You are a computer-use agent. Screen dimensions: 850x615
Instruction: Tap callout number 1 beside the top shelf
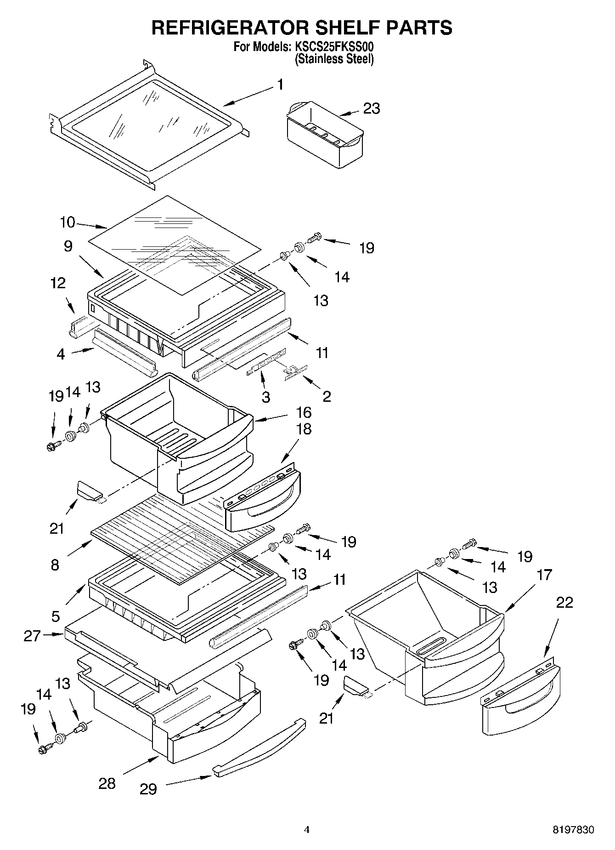click(280, 85)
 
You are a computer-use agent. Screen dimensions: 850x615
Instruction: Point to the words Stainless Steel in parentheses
click(334, 59)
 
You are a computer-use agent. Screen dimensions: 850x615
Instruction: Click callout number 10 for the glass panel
click(67, 222)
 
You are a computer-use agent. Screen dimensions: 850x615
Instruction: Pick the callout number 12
click(58, 283)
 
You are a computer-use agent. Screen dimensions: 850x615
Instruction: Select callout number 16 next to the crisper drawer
click(304, 412)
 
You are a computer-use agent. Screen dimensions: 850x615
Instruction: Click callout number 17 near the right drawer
click(544, 575)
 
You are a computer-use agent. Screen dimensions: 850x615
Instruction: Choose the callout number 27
click(32, 636)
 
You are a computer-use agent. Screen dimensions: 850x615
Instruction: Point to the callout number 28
click(107, 783)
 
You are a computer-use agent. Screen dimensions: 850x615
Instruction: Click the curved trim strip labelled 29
click(260, 750)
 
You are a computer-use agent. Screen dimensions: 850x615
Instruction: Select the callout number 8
click(55, 565)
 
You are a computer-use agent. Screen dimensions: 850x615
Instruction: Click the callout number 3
click(266, 397)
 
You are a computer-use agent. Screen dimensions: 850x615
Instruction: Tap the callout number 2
click(327, 396)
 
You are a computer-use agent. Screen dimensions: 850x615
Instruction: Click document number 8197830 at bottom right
click(573, 830)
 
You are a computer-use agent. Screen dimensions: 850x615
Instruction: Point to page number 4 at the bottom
click(307, 830)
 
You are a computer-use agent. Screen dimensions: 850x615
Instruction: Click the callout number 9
click(68, 246)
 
